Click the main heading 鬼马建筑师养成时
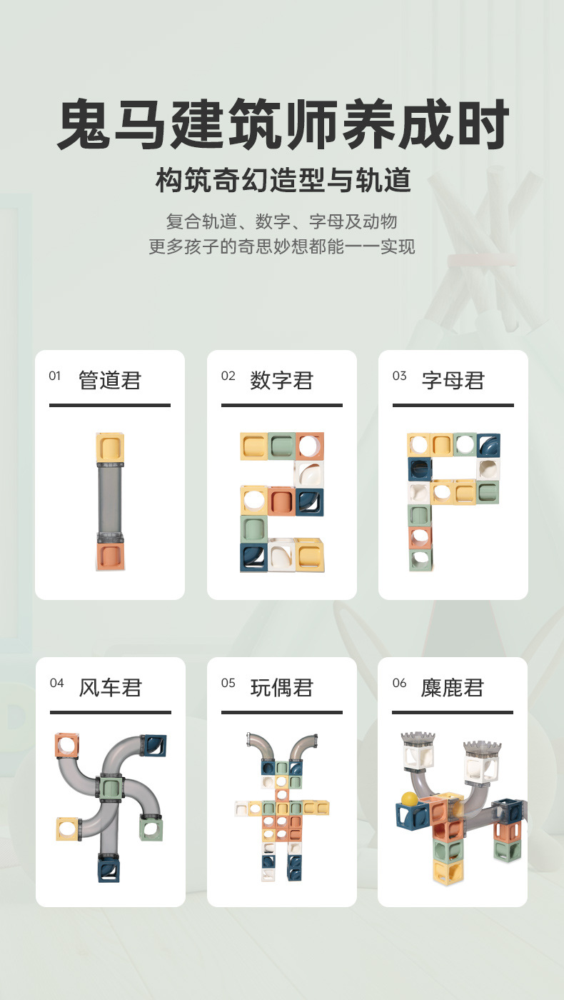tap(282, 126)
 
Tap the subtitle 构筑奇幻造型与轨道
tap(283, 181)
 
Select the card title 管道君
tap(110, 380)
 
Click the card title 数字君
tap(282, 380)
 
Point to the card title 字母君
tap(453, 380)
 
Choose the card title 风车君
tap(111, 687)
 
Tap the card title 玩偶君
tap(282, 687)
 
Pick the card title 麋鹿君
tap(453, 687)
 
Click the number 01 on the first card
tap(55, 376)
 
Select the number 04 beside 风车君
tap(57, 684)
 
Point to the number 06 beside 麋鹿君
tap(400, 684)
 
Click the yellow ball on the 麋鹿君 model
tap(408, 799)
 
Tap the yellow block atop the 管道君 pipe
tap(110, 448)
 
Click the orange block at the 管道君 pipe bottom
tap(110, 556)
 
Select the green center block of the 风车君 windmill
tap(111, 789)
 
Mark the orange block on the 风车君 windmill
tap(66, 746)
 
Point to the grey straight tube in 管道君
tap(110, 500)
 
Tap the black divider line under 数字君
tap(281, 405)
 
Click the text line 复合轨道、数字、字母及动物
tap(282, 221)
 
